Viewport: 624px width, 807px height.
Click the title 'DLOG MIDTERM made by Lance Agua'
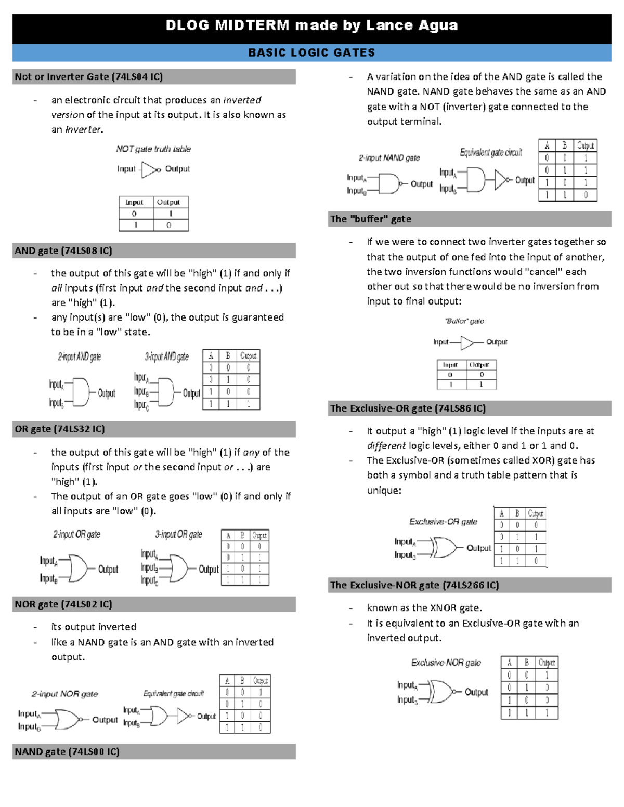pos(311,25)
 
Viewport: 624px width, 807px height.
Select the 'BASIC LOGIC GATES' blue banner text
pos(311,52)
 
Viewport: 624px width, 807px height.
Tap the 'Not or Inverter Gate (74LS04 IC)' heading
pos(89,77)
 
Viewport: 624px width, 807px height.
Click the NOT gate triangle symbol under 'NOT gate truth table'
pos(151,169)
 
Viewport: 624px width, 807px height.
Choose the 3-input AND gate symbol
pos(165,392)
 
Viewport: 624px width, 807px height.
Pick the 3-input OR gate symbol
pos(178,568)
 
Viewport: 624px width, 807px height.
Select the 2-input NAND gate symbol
pos(388,183)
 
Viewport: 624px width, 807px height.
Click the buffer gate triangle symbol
pos(467,342)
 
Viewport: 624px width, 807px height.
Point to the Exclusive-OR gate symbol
pos(444,548)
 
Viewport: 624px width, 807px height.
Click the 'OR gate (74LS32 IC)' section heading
pos(60,429)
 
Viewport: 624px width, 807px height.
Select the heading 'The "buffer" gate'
pos(371,219)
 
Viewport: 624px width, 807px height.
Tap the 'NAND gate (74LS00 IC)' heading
pos(67,752)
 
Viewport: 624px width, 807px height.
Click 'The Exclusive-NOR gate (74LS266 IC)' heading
pos(414,585)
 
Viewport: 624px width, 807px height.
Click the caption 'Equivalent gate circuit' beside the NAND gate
pos(491,152)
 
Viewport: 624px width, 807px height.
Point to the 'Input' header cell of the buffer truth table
pos(450,365)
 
